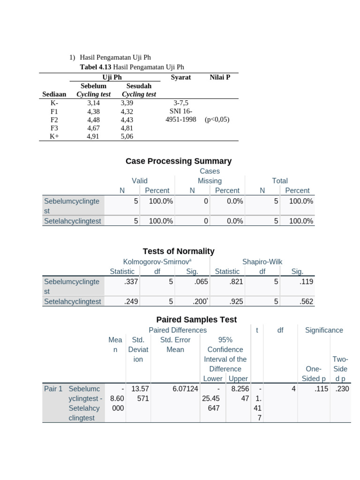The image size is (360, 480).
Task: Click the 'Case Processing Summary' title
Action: [179, 161]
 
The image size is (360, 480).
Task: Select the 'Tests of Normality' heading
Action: [179, 251]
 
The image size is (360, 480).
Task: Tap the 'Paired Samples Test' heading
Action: [190, 320]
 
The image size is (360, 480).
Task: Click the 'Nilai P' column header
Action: [220, 77]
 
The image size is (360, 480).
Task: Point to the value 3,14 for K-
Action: [94, 102]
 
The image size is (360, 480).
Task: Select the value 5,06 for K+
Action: [127, 136]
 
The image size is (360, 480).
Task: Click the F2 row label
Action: [54, 120]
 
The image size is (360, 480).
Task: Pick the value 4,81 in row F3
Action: [127, 128]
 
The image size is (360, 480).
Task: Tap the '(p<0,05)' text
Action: [217, 120]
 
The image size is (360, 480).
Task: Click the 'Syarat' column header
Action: [181, 77]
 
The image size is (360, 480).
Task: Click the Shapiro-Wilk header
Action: [262, 262]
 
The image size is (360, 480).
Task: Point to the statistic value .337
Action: [131, 282]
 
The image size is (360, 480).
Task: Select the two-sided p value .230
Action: [342, 389]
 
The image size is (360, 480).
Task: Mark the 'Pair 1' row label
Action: [53, 389]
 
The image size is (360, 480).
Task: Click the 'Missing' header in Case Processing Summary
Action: [210, 181]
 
